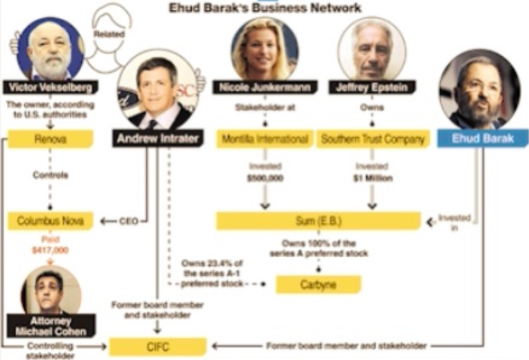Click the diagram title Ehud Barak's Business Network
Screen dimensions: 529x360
[x=264, y=8]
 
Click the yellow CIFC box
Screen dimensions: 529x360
[x=158, y=347]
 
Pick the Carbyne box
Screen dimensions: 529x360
[x=318, y=284]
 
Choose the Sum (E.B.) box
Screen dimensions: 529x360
[x=318, y=221]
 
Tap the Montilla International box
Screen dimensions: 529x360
[x=264, y=139]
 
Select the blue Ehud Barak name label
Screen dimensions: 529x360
[x=482, y=139]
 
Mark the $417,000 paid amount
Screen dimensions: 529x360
[x=50, y=250]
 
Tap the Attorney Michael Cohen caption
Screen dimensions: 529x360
[x=50, y=326]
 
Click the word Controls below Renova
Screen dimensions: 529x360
[x=50, y=175]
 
